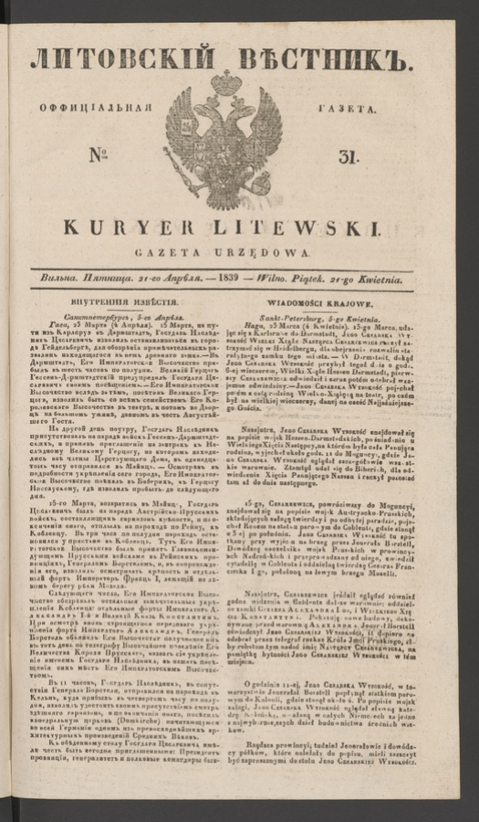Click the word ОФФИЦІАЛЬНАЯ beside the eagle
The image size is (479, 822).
point(100,106)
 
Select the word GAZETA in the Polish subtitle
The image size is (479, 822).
point(194,251)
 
